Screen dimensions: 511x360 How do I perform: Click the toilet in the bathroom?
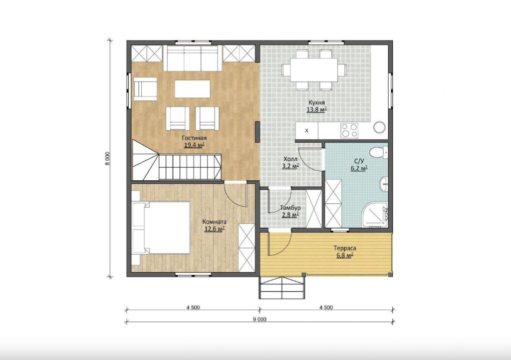379,152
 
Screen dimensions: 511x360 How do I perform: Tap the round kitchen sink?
379,127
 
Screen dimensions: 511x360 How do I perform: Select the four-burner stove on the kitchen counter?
349,130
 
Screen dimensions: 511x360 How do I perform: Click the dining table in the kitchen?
314,70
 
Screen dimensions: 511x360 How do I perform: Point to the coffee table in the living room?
192,89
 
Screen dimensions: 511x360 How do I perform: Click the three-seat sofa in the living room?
192,58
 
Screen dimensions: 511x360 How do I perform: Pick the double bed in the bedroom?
161,227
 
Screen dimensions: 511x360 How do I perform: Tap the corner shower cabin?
375,214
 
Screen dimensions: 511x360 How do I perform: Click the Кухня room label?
317,103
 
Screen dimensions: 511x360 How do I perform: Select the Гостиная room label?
194,138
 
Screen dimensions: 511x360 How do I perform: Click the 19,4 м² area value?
194,145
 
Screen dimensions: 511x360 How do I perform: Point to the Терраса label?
345,248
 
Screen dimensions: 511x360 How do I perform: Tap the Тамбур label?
290,208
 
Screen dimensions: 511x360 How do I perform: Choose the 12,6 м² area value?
215,229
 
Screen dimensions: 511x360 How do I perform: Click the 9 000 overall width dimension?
259,319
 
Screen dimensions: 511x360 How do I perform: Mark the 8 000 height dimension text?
107,159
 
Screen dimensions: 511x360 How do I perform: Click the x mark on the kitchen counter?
307,131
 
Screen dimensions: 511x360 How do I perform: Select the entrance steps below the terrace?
282,288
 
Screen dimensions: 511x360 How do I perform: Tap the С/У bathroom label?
359,161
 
